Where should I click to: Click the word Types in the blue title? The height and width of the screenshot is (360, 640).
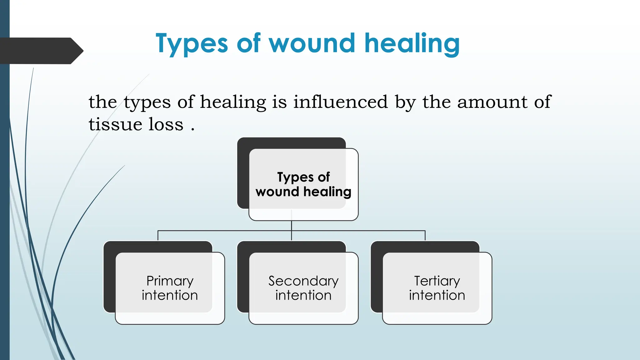[192, 44]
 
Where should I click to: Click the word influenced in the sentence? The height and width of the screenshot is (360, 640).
[340, 102]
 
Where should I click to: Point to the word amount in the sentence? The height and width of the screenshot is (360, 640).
[492, 102]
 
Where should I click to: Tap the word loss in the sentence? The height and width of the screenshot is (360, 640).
[166, 124]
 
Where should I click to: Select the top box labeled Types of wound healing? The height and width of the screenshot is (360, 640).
[303, 184]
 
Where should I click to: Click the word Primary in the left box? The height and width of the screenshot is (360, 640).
[170, 281]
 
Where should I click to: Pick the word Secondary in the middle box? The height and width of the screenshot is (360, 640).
[303, 281]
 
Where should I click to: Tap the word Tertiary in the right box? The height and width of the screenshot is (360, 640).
[437, 281]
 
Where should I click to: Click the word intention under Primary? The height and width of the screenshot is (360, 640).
[170, 295]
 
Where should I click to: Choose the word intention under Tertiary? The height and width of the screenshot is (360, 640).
[437, 295]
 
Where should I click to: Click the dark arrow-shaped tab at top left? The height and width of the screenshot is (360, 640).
[41, 51]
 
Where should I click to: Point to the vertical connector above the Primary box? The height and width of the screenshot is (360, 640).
[158, 236]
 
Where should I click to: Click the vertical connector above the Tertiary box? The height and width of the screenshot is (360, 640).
[425, 236]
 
